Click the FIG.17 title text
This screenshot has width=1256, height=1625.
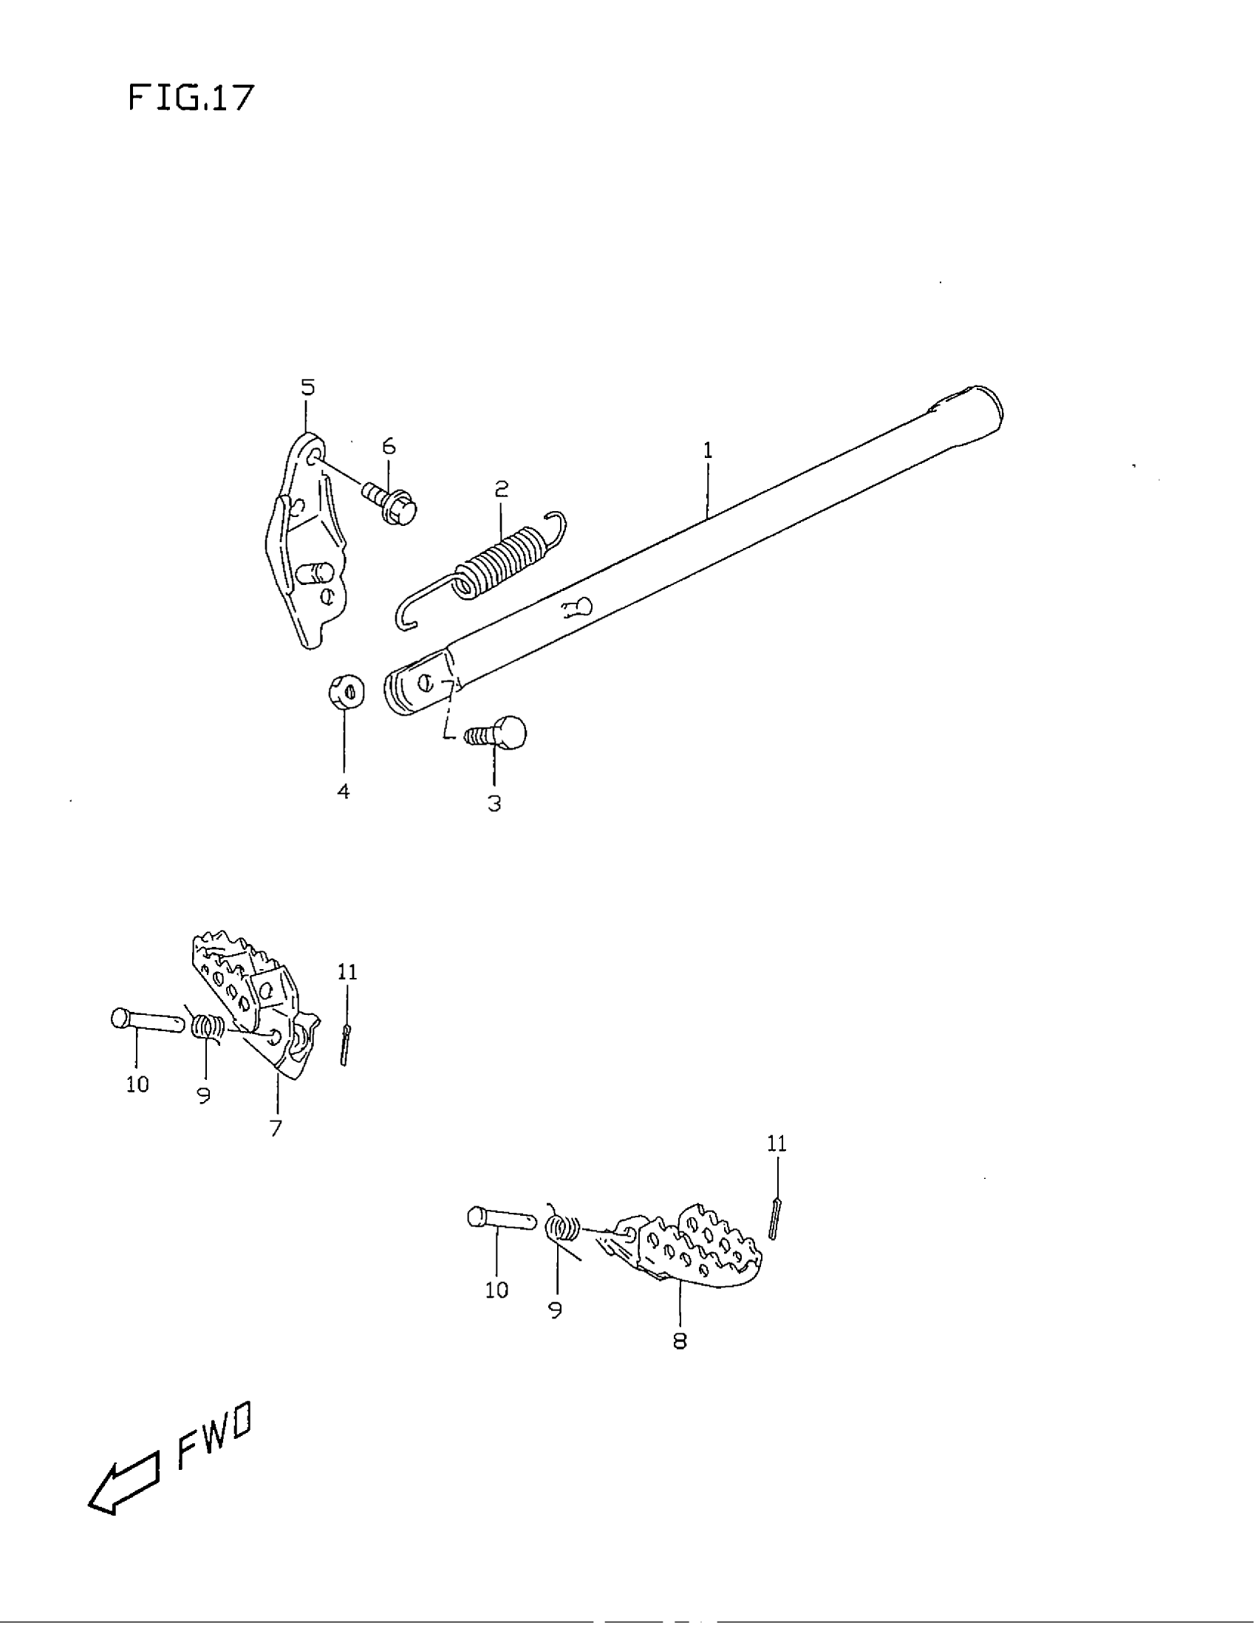pos(191,97)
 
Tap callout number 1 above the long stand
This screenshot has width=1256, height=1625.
pos(708,450)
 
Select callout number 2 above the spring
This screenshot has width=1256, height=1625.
pos(502,489)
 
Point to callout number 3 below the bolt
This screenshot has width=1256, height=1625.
pos(494,804)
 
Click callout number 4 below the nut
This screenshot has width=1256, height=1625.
pos(344,792)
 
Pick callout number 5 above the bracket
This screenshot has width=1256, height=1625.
pos(307,387)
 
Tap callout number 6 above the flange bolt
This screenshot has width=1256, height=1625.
pos(389,446)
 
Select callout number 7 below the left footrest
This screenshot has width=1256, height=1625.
pos(276,1128)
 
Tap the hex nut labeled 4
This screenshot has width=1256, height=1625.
pos(346,693)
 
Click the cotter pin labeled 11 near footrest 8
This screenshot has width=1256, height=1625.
pos(774,1218)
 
